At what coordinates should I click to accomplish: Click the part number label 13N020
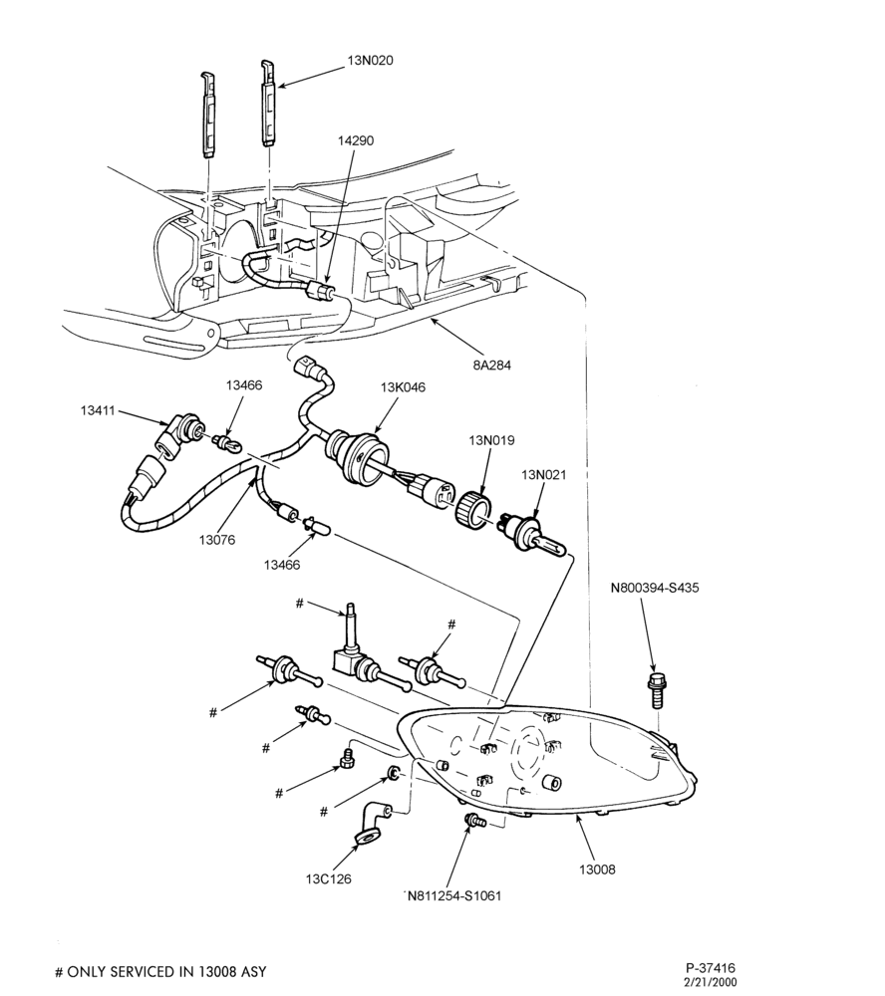(x=370, y=61)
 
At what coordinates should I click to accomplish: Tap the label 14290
(x=356, y=140)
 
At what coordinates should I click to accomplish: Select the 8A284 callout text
(x=492, y=366)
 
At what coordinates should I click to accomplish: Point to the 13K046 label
(x=403, y=387)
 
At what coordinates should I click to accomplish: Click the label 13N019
(x=492, y=440)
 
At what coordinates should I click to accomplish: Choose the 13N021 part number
(x=543, y=474)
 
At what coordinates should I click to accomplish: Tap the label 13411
(x=98, y=410)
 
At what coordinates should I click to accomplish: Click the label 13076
(x=217, y=540)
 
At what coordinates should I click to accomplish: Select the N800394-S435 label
(x=654, y=588)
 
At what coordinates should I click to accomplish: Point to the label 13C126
(x=328, y=879)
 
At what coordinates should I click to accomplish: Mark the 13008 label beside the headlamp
(x=597, y=870)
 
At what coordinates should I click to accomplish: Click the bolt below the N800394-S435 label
(x=654, y=687)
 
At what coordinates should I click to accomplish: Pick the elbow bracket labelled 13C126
(x=371, y=825)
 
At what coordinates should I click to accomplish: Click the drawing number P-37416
(x=711, y=968)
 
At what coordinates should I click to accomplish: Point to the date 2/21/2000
(x=711, y=982)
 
